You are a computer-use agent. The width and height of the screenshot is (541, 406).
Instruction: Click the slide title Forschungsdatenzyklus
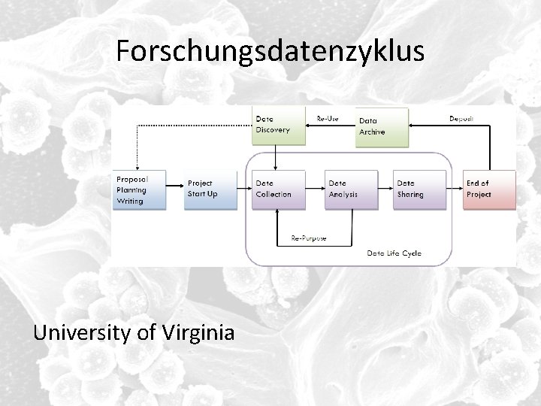coord(270,51)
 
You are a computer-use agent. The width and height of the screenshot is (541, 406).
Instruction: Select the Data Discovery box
coord(278,125)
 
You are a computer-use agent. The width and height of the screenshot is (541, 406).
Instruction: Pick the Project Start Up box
coord(210,189)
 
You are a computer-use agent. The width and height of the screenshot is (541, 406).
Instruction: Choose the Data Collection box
coord(279,189)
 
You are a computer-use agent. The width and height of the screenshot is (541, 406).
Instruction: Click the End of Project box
coord(489,189)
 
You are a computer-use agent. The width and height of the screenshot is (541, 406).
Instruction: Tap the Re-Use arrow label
coord(327,118)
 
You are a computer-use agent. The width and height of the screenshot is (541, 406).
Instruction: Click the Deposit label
coord(461,118)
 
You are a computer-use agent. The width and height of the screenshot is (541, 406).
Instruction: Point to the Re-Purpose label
coord(309,239)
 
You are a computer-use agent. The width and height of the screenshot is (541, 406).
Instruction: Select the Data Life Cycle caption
coord(394,253)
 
